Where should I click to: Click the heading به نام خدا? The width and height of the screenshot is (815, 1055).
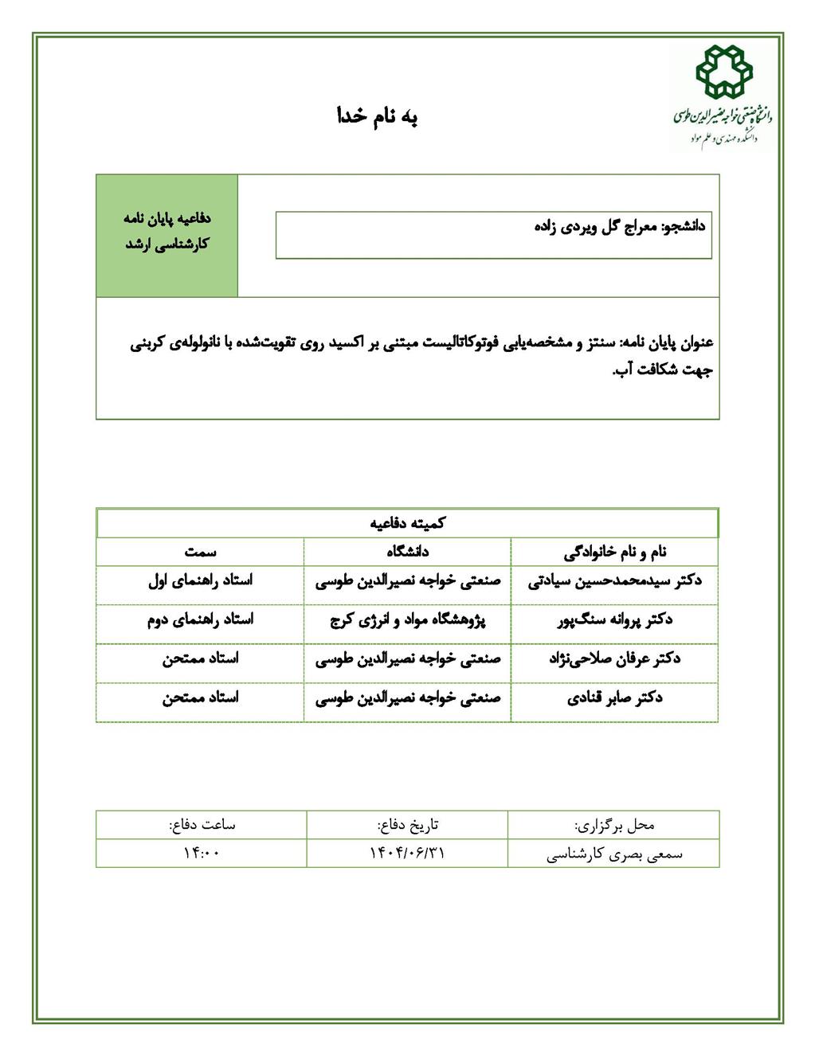pyautogui.click(x=377, y=116)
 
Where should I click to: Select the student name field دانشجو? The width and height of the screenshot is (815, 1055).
pyautogui.click(x=493, y=235)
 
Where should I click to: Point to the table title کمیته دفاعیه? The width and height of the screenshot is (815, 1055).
pyautogui.click(x=408, y=523)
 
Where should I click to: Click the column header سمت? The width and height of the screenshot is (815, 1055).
pyautogui.click(x=200, y=551)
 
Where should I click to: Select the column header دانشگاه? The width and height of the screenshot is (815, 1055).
pyautogui.click(x=408, y=551)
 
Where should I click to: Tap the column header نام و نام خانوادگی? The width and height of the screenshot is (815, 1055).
pyautogui.click(x=615, y=551)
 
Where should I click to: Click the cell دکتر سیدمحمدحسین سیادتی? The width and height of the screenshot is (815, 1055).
pyautogui.click(x=615, y=580)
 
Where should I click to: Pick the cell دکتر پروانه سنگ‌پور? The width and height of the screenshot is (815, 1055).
pyautogui.click(x=615, y=619)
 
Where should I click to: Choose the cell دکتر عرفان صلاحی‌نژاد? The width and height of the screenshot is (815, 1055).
pyautogui.click(x=615, y=658)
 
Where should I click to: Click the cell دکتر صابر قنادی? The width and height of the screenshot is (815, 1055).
pyautogui.click(x=615, y=697)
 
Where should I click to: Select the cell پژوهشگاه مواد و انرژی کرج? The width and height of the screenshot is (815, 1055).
pyautogui.click(x=408, y=619)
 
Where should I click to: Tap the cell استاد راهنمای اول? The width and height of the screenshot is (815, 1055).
pyautogui.click(x=200, y=580)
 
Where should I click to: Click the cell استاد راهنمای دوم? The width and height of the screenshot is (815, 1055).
pyautogui.click(x=200, y=619)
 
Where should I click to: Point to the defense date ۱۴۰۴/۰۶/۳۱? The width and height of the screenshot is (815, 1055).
pyautogui.click(x=407, y=853)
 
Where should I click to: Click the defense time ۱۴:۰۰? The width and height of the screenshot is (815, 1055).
pyautogui.click(x=202, y=853)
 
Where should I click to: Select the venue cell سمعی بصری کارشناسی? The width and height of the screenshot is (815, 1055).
pyautogui.click(x=614, y=854)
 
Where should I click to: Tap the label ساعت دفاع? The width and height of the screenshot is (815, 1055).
pyautogui.click(x=202, y=824)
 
